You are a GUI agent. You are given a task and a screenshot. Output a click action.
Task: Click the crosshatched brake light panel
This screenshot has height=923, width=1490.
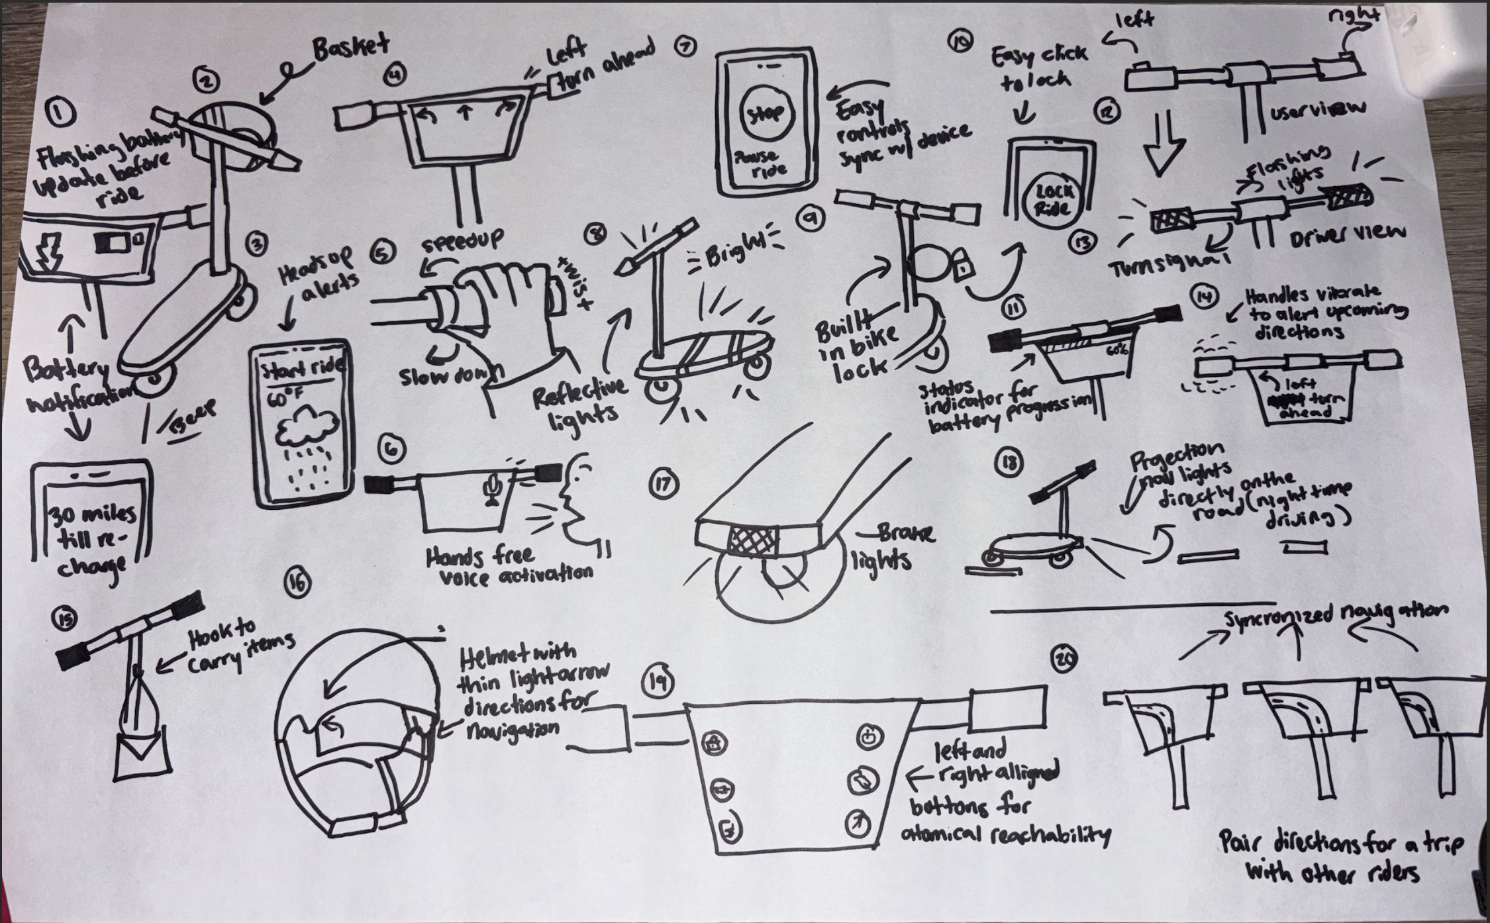click(754, 540)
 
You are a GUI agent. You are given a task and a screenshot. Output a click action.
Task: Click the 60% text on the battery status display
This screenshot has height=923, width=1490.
click(1117, 350)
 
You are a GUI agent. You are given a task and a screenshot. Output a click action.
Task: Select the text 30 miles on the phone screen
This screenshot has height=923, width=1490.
click(93, 515)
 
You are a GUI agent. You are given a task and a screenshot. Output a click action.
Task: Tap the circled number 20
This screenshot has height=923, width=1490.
click(1064, 658)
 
